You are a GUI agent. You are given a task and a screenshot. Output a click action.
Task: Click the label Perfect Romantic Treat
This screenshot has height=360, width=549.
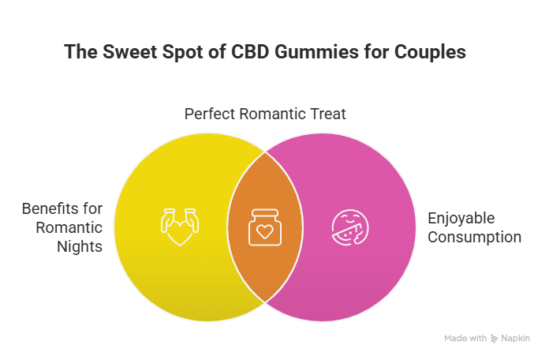click(265, 114)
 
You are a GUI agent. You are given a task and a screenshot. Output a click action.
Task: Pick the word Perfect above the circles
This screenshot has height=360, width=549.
click(210, 114)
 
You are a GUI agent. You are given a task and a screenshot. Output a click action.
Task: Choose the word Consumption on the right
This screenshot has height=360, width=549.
click(474, 237)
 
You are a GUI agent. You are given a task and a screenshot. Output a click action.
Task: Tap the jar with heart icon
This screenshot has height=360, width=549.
click(265, 227)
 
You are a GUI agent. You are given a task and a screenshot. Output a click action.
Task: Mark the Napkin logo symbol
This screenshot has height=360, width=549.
click(494, 338)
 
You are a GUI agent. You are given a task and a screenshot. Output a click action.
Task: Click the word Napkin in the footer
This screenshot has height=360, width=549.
click(517, 338)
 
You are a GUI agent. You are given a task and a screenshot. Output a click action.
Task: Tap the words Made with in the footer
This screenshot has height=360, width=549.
click(465, 338)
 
